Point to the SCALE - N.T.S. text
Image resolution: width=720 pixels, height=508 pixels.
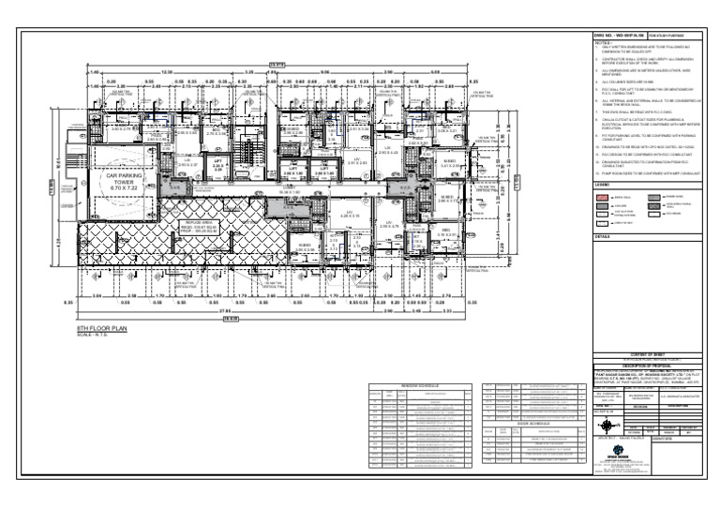pos(94,336)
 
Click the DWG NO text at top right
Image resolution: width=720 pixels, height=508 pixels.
pos(614,35)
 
